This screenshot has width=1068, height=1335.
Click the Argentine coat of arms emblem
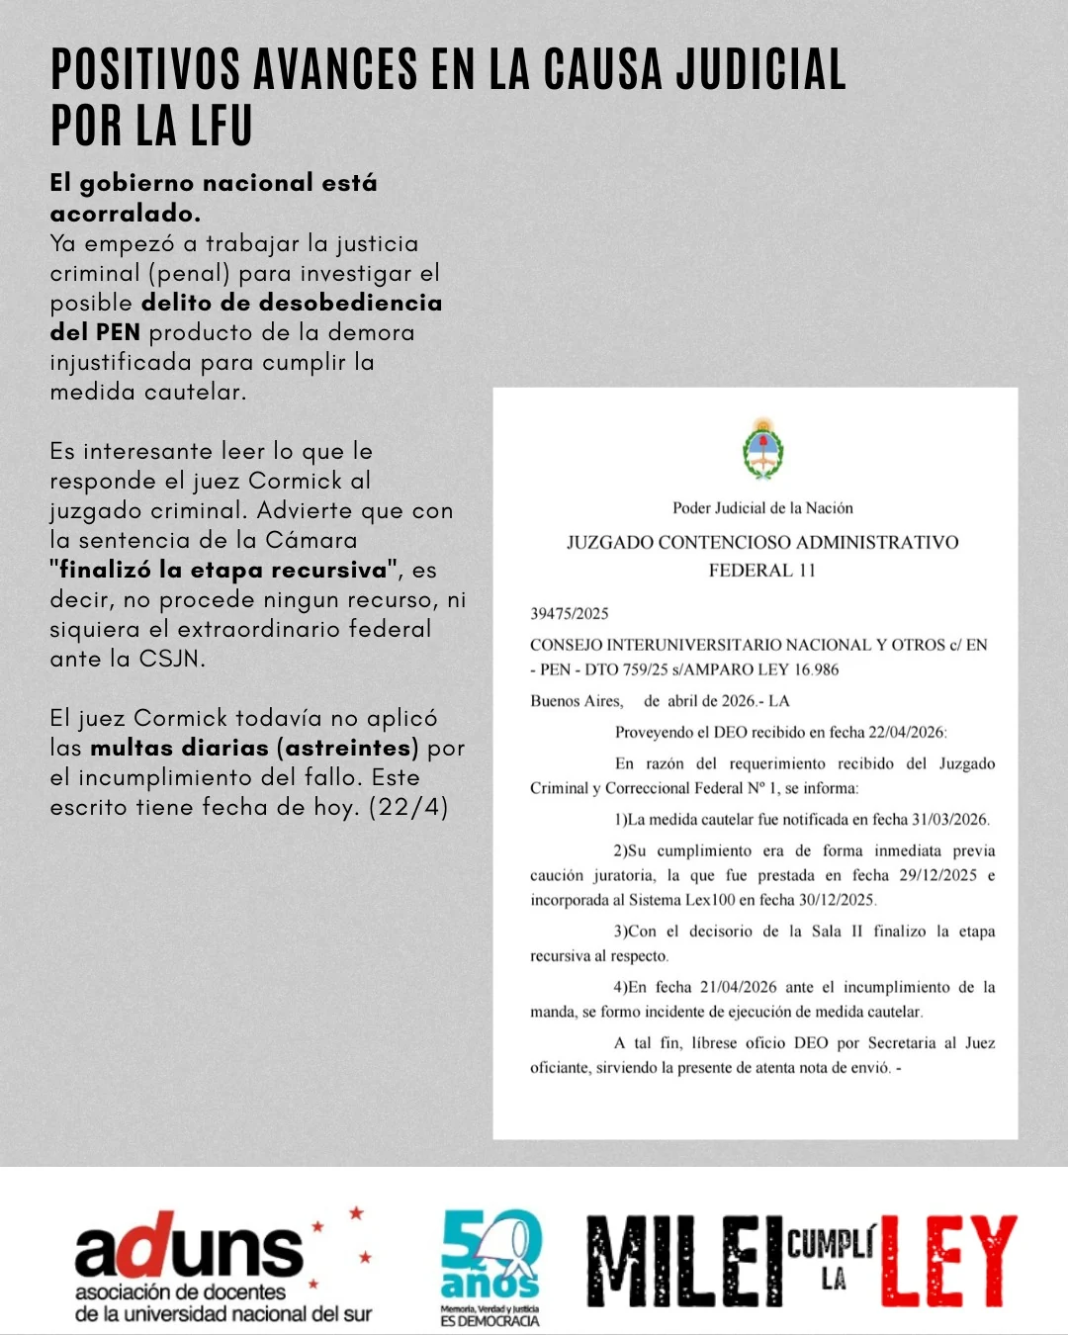pos(762,450)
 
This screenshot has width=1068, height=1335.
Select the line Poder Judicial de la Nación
pos(762,508)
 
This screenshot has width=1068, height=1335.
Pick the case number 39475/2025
pos(570,613)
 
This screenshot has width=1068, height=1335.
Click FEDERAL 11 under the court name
pos(761,571)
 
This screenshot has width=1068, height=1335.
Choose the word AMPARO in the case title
pos(736,669)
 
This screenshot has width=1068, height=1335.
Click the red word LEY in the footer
pos(947,1262)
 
